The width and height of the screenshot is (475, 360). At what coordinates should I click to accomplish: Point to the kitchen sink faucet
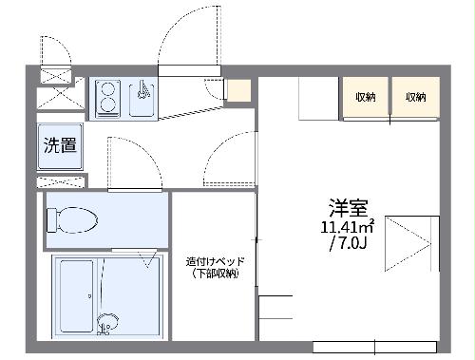pos(142,91)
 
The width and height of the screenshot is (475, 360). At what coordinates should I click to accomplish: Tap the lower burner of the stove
pos(105,107)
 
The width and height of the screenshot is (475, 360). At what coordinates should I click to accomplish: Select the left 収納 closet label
pos(366,97)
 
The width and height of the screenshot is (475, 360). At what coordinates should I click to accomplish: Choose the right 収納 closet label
pos(415,97)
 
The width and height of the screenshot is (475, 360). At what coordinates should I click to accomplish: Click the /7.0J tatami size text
pos(348,244)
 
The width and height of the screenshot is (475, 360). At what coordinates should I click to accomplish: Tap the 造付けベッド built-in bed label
pos(214,260)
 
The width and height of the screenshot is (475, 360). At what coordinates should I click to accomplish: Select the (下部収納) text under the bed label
pos(214,274)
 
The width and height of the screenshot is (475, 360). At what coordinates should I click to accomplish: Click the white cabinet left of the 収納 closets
pos(320,97)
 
